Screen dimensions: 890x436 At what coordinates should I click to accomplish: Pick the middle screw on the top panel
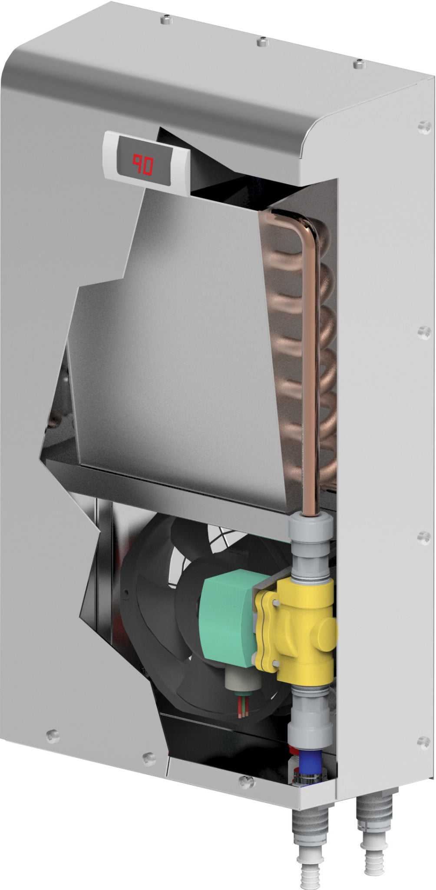click(261, 42)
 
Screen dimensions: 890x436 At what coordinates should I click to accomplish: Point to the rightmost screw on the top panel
click(358, 64)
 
